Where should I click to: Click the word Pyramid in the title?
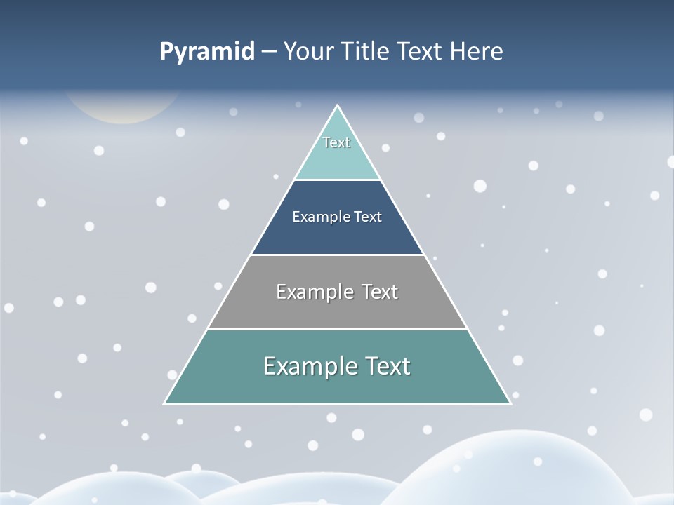tap(207, 51)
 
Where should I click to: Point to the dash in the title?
tap(269, 52)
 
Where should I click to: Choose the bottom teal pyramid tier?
tap(337, 386)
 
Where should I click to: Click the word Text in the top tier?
tap(336, 142)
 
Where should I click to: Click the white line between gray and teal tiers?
tap(337, 329)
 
